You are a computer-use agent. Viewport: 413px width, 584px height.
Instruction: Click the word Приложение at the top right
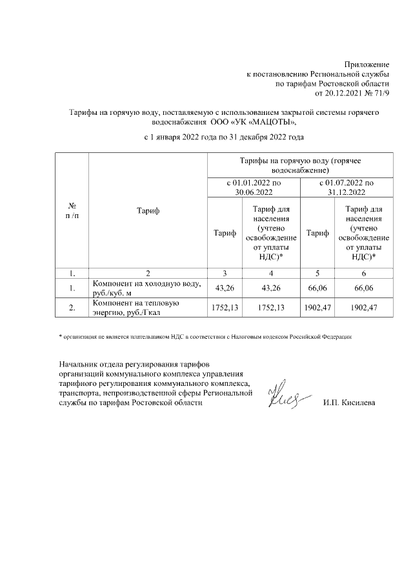click(367, 65)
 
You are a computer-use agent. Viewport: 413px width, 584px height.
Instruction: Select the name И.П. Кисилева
click(349, 403)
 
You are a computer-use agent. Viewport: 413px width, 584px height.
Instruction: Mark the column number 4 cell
click(270, 272)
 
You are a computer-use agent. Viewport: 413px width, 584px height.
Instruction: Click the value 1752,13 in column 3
click(225, 308)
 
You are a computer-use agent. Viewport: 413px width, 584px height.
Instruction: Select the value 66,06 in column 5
click(317, 288)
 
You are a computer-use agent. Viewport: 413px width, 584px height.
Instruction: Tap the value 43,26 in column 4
click(270, 288)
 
